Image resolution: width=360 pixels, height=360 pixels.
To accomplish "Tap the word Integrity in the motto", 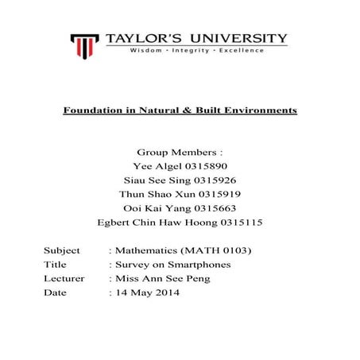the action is point(195,50).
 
